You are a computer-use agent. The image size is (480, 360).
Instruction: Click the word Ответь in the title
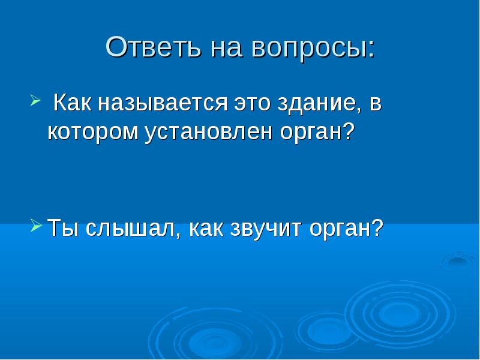click(153, 47)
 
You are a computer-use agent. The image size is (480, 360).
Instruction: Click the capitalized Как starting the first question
click(72, 102)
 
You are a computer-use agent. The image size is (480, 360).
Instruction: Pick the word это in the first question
click(253, 103)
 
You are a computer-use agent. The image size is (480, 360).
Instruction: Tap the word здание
click(319, 104)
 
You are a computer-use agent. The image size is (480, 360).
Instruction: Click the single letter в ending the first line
click(376, 103)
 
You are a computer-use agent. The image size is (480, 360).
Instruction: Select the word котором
click(93, 132)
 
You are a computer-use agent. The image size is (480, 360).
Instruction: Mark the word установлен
click(208, 133)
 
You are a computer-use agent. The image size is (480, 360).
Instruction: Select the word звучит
click(266, 230)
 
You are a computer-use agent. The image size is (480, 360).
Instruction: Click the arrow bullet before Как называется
click(35, 100)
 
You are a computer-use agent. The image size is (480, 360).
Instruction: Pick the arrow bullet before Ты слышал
click(37, 226)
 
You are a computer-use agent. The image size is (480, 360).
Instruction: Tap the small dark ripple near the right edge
click(458, 261)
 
